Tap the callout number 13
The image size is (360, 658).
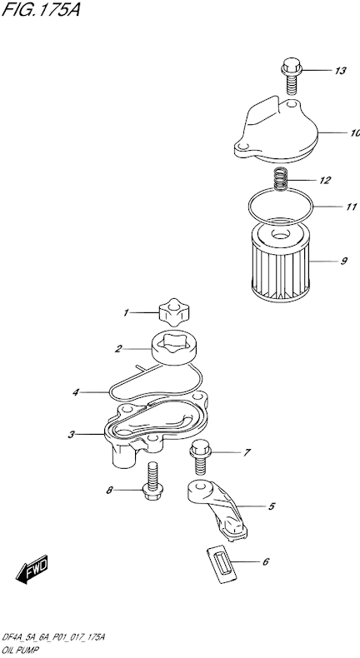point(339,71)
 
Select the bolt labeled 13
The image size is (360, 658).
point(291,75)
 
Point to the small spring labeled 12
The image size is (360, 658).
point(282,180)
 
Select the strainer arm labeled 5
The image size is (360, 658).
point(218,508)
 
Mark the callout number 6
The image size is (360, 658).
point(265,561)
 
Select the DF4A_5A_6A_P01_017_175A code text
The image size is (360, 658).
point(54,636)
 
